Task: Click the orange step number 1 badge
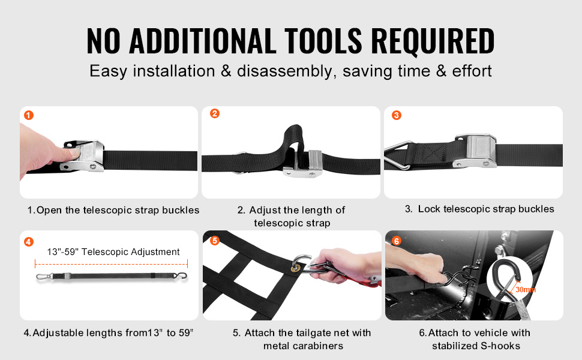coord(29,115)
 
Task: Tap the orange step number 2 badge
coord(215,113)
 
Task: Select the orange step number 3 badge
coord(397,115)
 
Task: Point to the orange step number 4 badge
coord(29,242)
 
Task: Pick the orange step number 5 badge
coord(215,241)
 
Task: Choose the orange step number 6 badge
coord(397,241)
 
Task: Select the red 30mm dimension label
coord(526,289)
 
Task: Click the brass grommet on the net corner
coord(296,267)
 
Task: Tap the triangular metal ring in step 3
coord(398,155)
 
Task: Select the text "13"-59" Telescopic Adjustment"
coord(113,252)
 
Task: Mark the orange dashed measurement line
coord(112,264)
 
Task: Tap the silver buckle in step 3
coord(475,151)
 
